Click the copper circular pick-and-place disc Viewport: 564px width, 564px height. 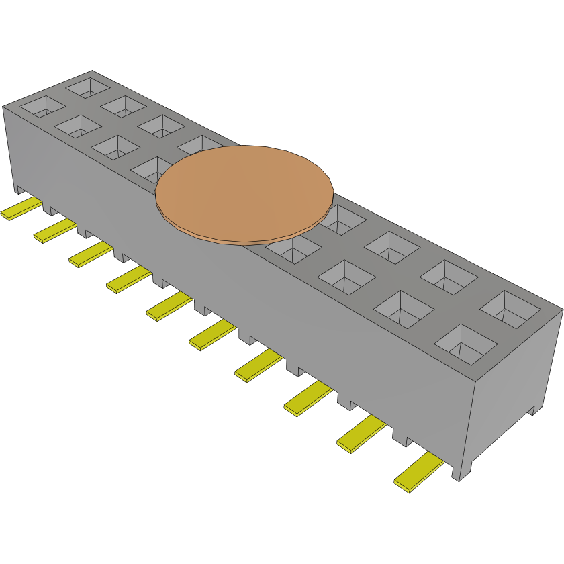[244, 192]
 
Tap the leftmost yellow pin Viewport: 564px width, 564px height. [21, 209]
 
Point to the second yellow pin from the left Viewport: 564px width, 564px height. [54, 230]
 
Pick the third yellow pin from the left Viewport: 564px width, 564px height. [90, 254]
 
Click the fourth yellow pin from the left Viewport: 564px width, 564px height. [128, 279]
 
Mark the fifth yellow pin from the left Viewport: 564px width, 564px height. [169, 306]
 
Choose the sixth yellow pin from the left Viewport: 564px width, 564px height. [212, 334]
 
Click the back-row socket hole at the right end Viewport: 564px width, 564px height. [510, 308]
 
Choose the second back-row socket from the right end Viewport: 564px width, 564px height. [450, 276]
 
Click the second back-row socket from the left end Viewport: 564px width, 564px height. [124, 105]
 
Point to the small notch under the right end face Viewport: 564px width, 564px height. [534, 410]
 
